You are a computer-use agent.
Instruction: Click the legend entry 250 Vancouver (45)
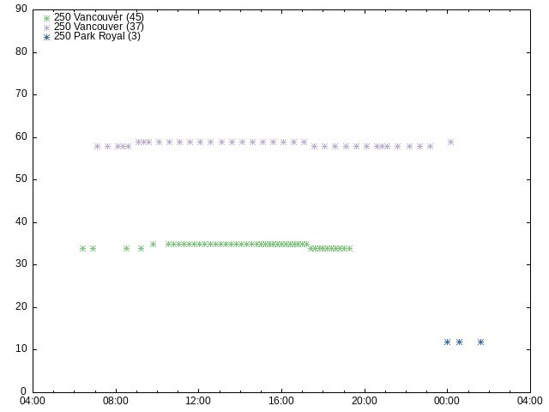(x=99, y=16)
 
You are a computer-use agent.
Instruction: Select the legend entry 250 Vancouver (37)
(x=99, y=26)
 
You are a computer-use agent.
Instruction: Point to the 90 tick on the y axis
(x=21, y=9)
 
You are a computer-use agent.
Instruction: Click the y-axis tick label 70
(x=21, y=94)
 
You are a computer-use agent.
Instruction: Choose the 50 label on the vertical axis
(x=21, y=179)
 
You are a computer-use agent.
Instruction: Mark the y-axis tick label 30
(x=21, y=264)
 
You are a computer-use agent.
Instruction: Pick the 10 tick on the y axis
(x=21, y=349)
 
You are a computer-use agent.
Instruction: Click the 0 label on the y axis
(x=24, y=392)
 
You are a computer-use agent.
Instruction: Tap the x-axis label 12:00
(x=199, y=401)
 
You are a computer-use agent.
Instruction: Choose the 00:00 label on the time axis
(x=447, y=401)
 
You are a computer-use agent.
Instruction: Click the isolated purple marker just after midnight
(x=450, y=142)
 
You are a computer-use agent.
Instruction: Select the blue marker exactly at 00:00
(x=447, y=342)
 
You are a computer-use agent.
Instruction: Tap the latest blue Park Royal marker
(x=480, y=342)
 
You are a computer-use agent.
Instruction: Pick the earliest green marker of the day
(x=82, y=248)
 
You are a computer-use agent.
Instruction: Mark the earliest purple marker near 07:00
(x=97, y=146)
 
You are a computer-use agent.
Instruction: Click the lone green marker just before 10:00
(x=153, y=244)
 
